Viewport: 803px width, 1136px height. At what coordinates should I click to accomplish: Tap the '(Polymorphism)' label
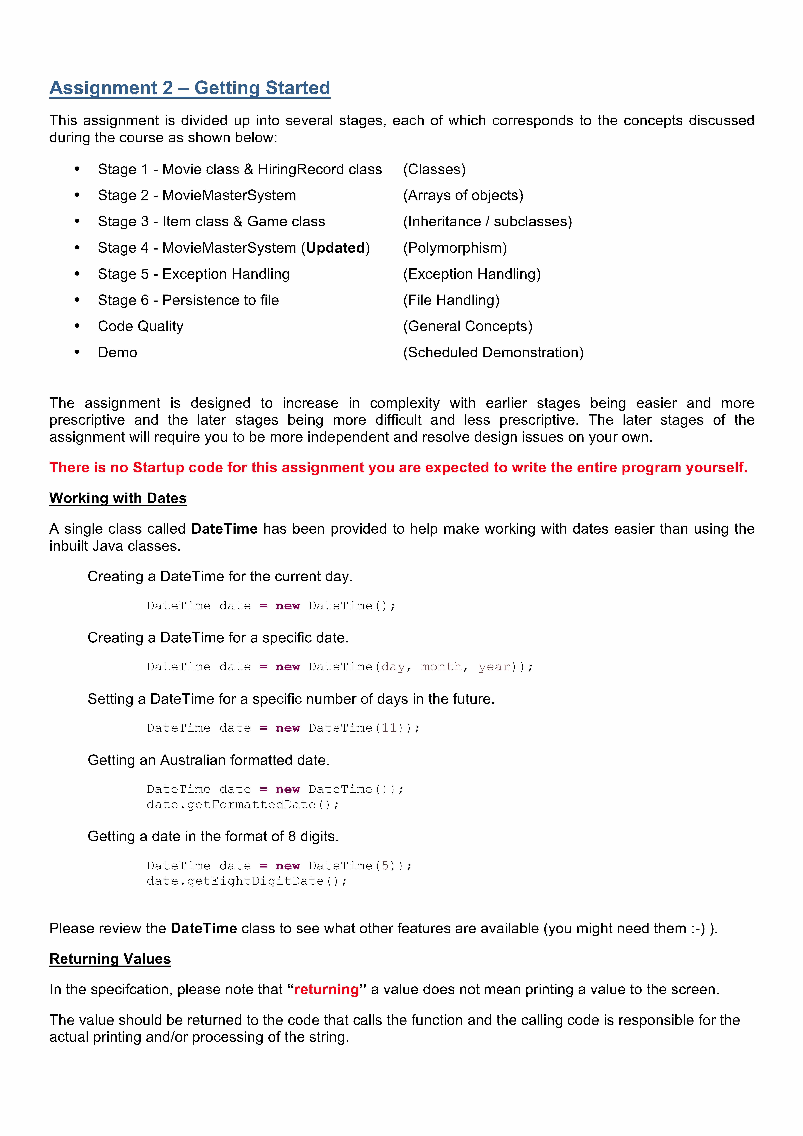[455, 248]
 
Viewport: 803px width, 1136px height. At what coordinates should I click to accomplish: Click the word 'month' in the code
[441, 667]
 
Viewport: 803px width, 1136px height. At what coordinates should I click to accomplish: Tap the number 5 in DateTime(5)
[385, 866]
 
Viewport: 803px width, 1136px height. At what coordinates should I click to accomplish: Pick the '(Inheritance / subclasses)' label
[487, 222]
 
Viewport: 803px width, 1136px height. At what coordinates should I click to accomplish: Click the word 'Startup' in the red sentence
[158, 468]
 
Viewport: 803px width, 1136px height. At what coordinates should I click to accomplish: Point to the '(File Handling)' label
[451, 300]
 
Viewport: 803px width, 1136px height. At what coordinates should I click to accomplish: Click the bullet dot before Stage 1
[77, 169]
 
